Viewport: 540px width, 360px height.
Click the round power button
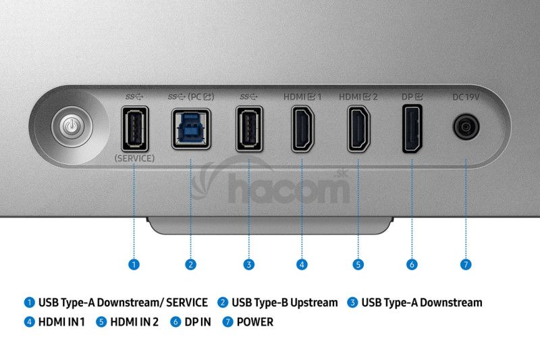(72, 127)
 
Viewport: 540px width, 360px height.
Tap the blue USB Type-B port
(191, 129)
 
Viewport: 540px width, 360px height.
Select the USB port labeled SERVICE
(134, 129)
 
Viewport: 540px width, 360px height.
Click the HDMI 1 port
(302, 129)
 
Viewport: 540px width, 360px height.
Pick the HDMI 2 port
(358, 129)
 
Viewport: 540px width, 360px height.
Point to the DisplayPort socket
(412, 129)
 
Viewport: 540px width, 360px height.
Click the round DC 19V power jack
(466, 127)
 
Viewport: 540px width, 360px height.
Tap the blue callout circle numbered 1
(134, 265)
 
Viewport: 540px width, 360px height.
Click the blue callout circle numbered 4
(302, 265)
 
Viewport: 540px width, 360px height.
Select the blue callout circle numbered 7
(466, 265)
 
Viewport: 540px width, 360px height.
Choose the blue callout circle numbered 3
(248, 265)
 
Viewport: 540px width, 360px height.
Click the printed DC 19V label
(466, 97)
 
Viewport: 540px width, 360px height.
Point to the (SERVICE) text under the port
(134, 159)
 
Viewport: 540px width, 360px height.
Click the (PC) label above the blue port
(200, 97)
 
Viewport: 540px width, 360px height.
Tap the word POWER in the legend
(255, 322)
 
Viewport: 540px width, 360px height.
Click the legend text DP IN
(198, 322)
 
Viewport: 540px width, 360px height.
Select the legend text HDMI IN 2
(134, 322)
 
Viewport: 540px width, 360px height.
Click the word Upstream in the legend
(314, 303)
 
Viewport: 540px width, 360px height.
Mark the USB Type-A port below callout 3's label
(249, 129)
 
